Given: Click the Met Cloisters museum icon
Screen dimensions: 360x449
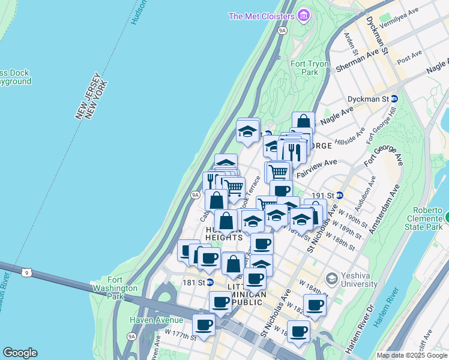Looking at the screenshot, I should [304, 15].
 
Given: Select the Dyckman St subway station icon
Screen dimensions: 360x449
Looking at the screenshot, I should [394, 98].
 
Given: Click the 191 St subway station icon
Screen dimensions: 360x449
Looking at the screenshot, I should [340, 195].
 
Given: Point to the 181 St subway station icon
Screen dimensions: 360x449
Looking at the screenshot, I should [211, 282].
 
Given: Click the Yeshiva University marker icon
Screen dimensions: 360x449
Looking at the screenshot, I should [331, 278].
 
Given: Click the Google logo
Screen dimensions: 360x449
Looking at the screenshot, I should [20, 353].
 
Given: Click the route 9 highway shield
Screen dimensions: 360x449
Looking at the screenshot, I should [26, 273].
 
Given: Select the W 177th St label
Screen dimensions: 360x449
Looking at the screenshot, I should [181, 335].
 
